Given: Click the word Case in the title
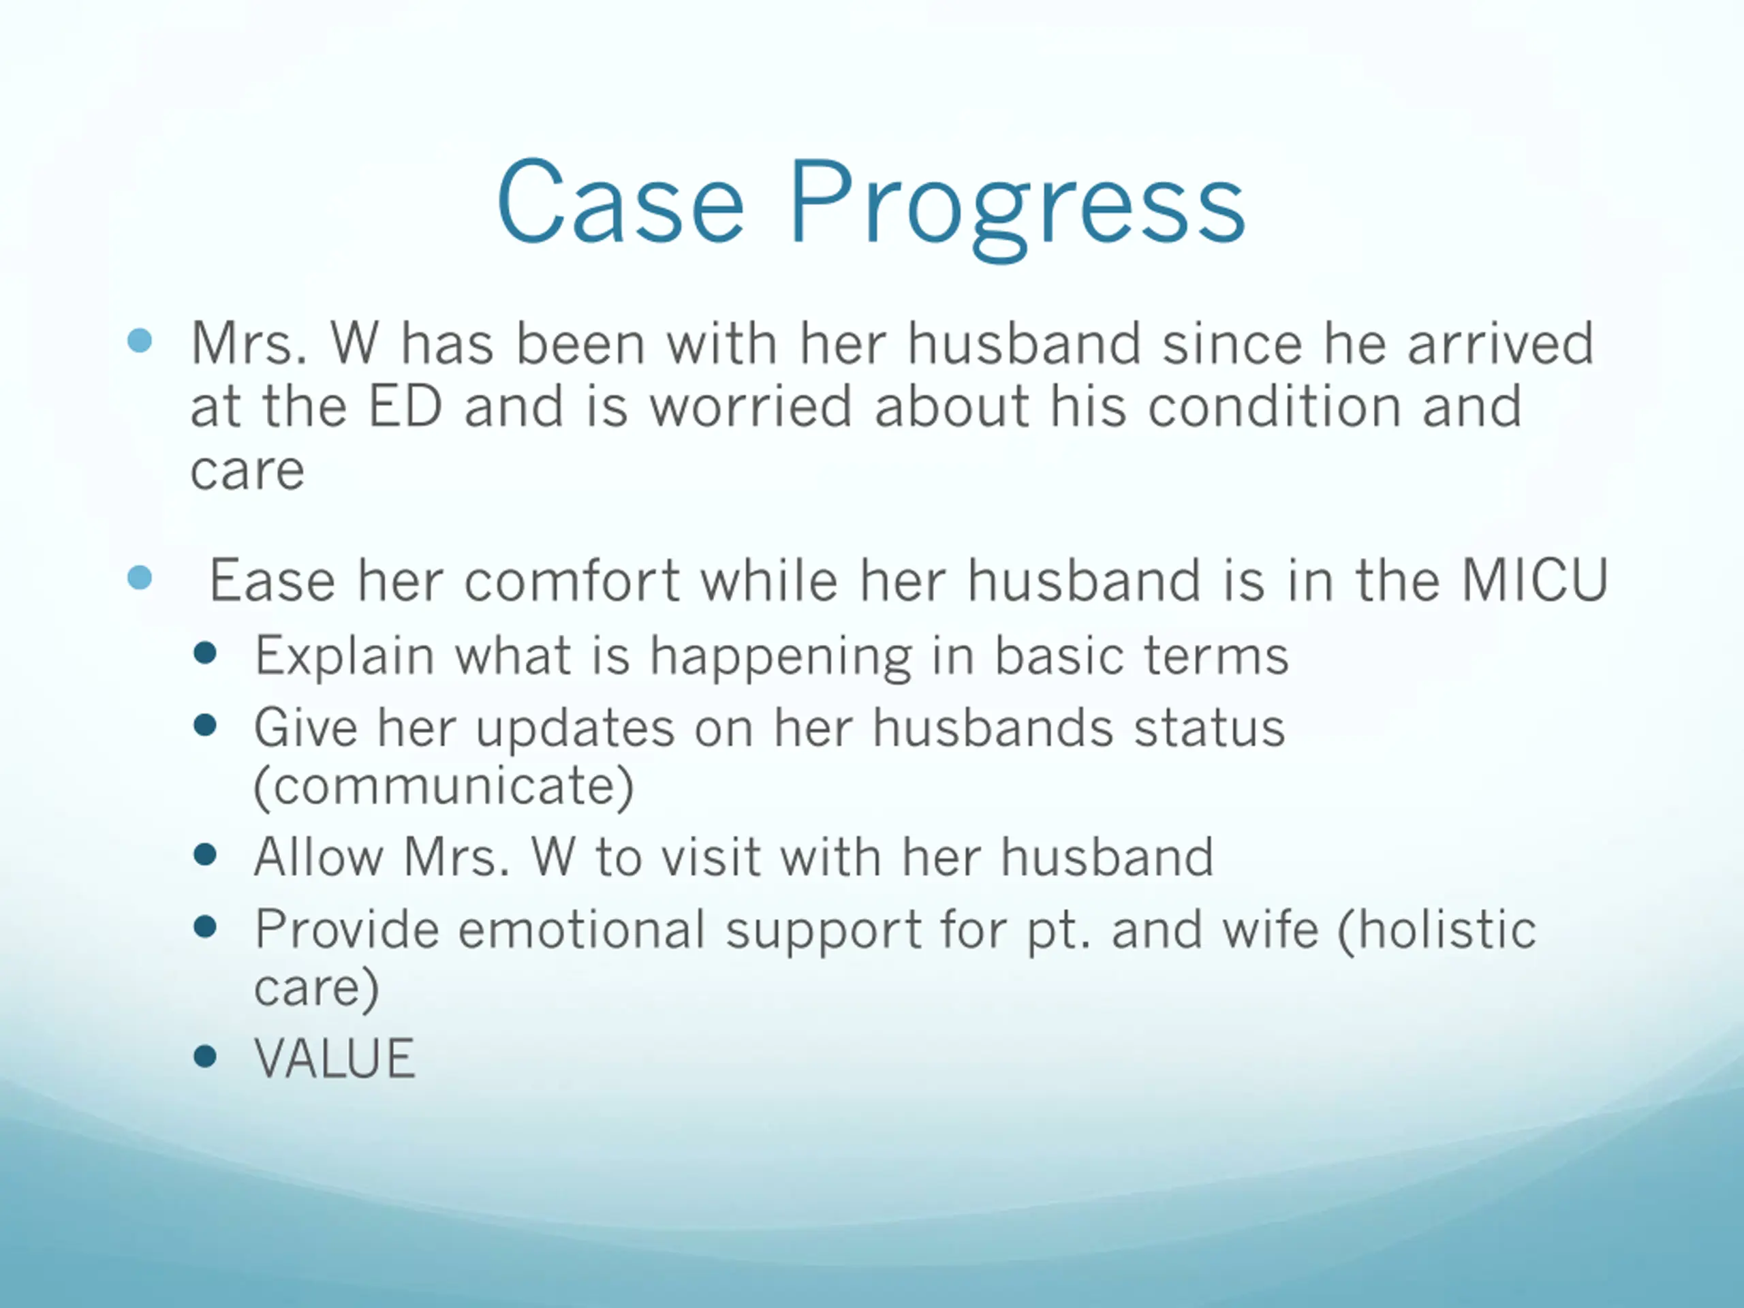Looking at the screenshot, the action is (x=621, y=201).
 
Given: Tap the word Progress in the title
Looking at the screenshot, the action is (x=1018, y=209).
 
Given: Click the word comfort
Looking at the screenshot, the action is (x=572, y=580).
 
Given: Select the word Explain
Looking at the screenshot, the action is (x=345, y=656).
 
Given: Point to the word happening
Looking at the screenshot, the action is (x=781, y=656).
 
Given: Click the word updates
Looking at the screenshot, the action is (x=575, y=728).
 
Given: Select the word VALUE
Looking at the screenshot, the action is (x=334, y=1058).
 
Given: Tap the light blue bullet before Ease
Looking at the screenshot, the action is (x=140, y=578).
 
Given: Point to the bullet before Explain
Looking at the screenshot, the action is (x=205, y=653).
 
